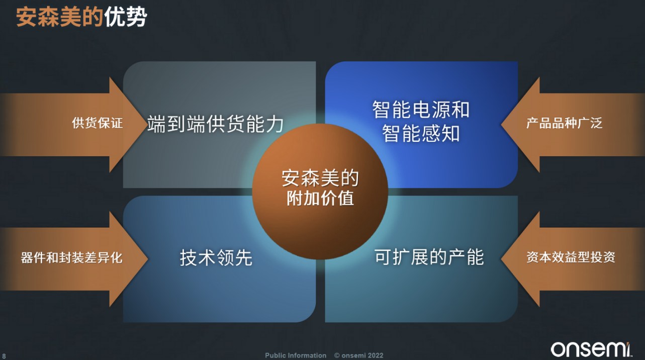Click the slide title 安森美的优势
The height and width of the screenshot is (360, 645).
[x=81, y=17]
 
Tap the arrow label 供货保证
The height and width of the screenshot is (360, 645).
[x=98, y=123]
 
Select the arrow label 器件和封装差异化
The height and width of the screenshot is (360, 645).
[x=72, y=257]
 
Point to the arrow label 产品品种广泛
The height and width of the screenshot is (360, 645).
[x=564, y=123]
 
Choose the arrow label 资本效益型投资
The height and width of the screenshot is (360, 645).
[x=571, y=257]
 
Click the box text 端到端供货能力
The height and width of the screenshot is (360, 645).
[x=215, y=124]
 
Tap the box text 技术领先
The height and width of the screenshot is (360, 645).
[x=216, y=257]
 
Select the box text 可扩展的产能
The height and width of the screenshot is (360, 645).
[x=429, y=257]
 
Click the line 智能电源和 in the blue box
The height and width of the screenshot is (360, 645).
[x=421, y=110]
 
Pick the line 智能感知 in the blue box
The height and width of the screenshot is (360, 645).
[x=421, y=133]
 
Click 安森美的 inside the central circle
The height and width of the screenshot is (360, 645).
[x=320, y=178]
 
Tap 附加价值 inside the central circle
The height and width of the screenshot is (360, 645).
[x=320, y=199]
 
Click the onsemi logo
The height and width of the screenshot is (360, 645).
[x=591, y=349]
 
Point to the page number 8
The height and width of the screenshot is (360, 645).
[x=4, y=356]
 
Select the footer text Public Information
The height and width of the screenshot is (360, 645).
[x=296, y=355]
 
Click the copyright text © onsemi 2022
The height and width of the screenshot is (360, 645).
[x=359, y=355]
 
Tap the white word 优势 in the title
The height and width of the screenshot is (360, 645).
[x=126, y=17]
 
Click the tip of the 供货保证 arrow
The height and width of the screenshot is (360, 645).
[x=147, y=125]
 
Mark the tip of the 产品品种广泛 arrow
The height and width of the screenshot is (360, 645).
[x=501, y=125]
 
